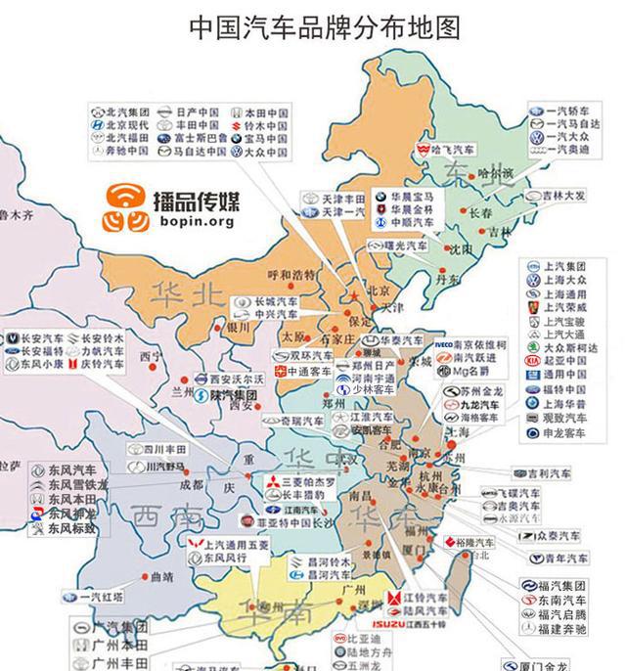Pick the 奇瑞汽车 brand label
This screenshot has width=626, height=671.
click(x=291, y=420)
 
